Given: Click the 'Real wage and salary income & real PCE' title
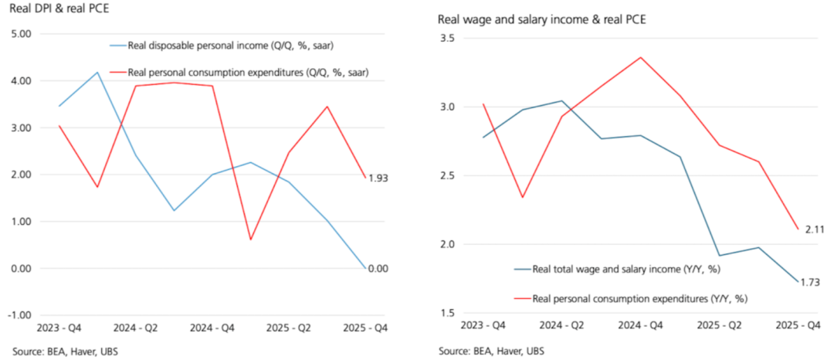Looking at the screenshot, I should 541,19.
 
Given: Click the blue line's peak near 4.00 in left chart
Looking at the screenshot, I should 97,73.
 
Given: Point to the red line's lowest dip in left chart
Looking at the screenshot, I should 249,239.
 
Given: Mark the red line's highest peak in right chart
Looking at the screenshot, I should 640,56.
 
